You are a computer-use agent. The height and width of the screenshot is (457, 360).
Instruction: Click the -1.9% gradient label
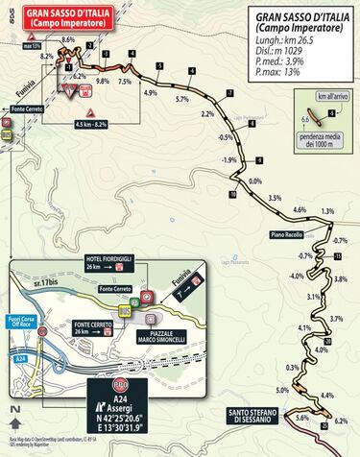(228, 159)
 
